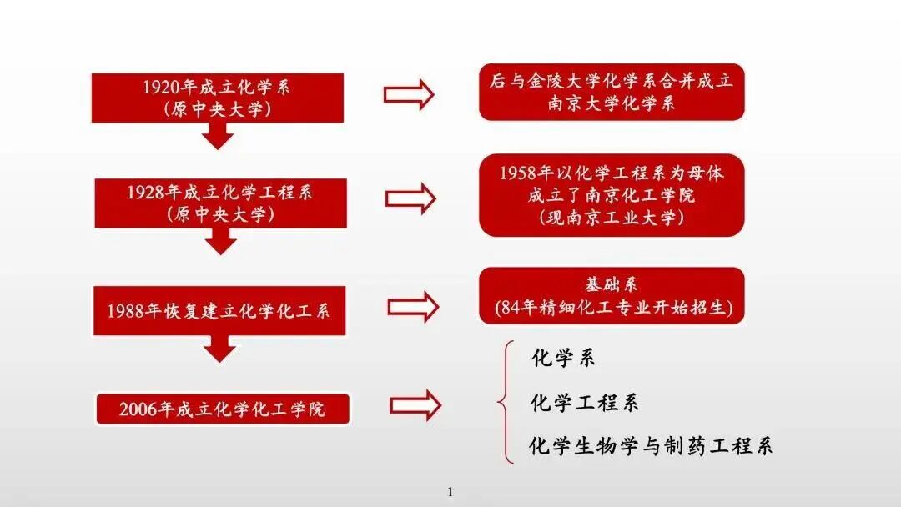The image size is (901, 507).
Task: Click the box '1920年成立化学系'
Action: click(x=217, y=98)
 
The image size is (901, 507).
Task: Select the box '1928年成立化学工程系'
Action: click(x=220, y=203)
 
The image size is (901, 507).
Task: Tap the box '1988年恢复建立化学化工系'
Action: click(x=219, y=311)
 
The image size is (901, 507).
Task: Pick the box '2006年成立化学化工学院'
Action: click(x=223, y=409)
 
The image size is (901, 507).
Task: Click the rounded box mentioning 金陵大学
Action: click(x=611, y=92)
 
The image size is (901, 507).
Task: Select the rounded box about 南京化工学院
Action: click(x=611, y=195)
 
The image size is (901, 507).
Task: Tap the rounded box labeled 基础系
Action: click(x=611, y=296)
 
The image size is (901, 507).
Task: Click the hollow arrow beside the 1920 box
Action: click(x=409, y=94)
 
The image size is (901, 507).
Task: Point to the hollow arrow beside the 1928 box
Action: click(x=410, y=198)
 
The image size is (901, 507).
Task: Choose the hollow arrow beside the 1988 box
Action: click(x=412, y=307)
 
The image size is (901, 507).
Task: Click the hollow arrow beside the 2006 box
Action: click(x=415, y=405)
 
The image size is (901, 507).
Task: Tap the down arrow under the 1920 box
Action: click(x=219, y=136)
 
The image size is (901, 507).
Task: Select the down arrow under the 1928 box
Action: click(x=221, y=241)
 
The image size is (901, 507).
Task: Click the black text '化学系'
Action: click(x=563, y=359)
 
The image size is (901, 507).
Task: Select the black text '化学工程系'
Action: click(x=584, y=404)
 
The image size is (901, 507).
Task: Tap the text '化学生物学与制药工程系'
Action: click(x=651, y=446)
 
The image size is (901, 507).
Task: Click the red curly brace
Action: click(x=504, y=402)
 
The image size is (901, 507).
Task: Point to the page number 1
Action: click(x=450, y=491)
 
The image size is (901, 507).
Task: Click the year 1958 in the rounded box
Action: click(x=518, y=173)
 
